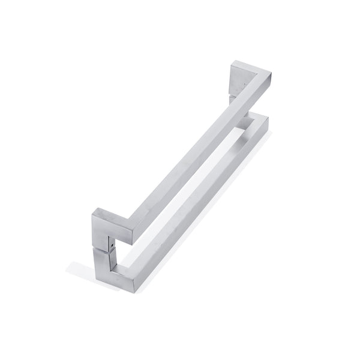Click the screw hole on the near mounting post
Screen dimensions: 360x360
(109, 245)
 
